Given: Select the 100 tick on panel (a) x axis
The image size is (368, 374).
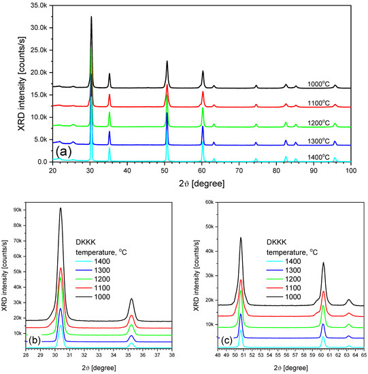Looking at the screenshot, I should click(x=350, y=171).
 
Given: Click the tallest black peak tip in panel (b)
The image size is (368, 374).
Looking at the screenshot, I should click(x=61, y=209).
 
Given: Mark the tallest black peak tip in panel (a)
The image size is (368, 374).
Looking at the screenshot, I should click(x=91, y=18).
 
